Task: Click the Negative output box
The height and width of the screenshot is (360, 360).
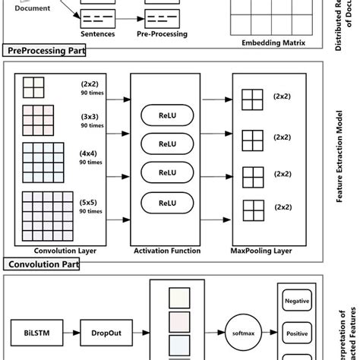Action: coord(297,302)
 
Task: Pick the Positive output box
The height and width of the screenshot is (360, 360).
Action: coord(297,333)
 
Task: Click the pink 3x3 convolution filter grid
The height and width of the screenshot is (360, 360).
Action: coord(38,120)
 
